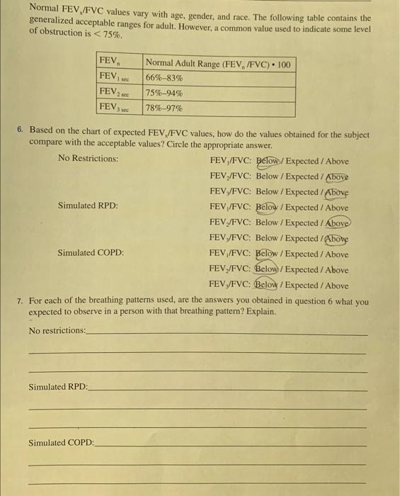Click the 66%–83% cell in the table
click(x=164, y=78)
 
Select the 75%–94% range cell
click(x=164, y=93)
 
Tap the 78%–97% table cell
click(x=164, y=108)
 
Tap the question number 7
click(x=21, y=301)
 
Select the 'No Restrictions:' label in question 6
click(x=88, y=158)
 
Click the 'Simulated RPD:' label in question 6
click(x=88, y=206)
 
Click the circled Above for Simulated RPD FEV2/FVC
click(x=336, y=222)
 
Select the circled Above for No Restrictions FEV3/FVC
click(x=336, y=192)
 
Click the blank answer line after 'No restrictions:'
click(x=227, y=333)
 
